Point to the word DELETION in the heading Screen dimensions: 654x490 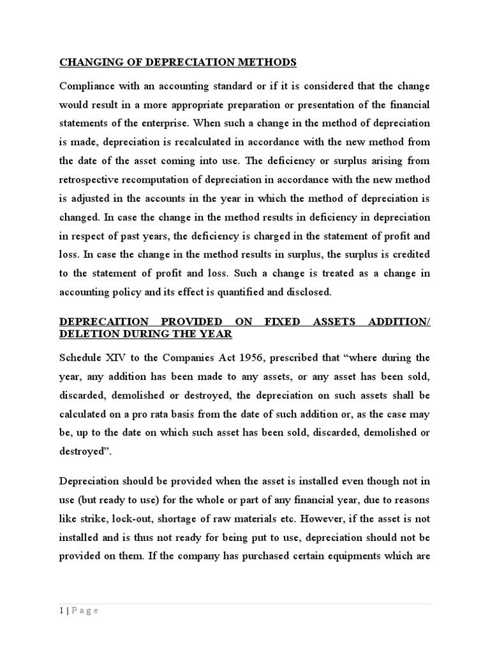pyautogui.click(x=87, y=334)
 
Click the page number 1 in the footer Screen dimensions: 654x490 pyautogui.click(x=61, y=611)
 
